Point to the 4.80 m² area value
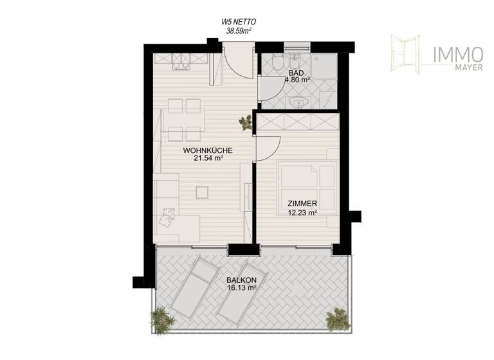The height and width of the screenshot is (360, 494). point(297,81)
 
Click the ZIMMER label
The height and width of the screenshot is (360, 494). point(302,204)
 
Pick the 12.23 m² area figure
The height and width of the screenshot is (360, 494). point(302,213)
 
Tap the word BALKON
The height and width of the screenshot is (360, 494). point(241,280)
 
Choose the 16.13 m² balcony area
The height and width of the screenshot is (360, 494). point(241,288)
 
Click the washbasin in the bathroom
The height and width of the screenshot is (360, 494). point(298,103)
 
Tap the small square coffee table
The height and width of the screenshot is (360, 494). point(203,191)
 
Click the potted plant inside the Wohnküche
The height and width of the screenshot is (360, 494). point(245,122)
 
